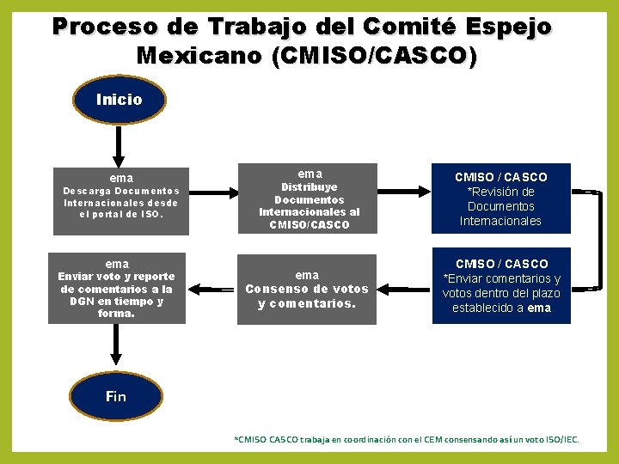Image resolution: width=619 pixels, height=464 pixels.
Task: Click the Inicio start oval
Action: point(119,100)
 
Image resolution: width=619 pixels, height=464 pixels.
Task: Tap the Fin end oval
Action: point(116,395)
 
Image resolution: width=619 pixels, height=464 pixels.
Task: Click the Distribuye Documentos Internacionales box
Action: point(309,198)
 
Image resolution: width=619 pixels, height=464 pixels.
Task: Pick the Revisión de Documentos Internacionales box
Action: point(500,198)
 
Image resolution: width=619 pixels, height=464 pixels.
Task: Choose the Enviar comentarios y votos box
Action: point(500,287)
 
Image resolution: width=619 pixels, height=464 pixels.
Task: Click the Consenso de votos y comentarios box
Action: point(307,290)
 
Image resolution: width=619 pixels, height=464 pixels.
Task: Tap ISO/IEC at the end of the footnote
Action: point(561,440)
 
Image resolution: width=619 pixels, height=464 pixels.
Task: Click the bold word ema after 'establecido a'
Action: point(539,308)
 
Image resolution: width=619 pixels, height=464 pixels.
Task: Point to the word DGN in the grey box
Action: point(81,302)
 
